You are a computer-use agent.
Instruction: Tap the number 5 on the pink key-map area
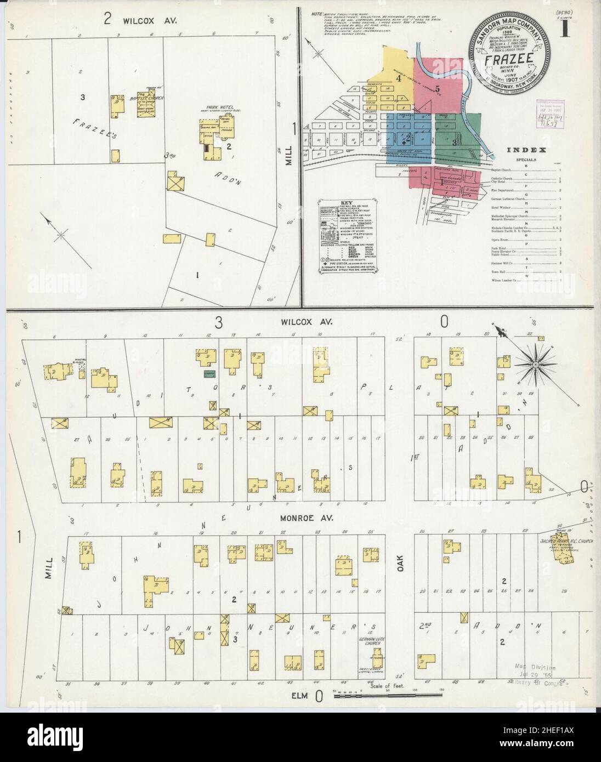[437, 89]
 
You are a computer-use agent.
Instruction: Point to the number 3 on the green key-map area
[456, 141]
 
